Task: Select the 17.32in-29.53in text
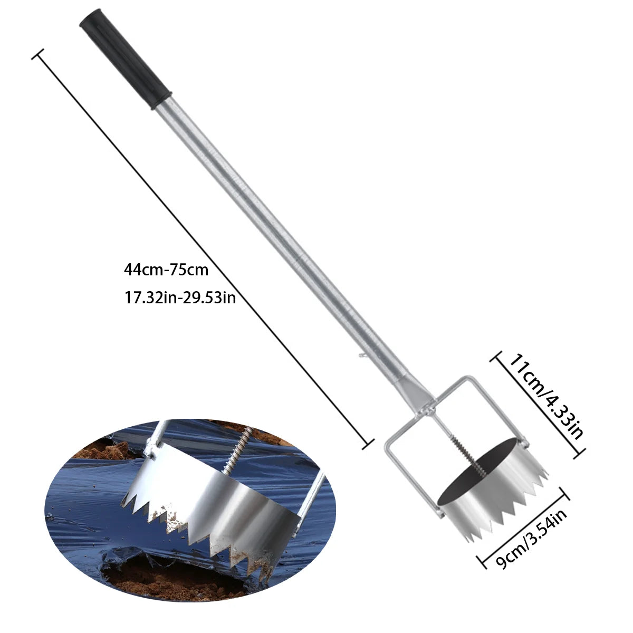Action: (180, 298)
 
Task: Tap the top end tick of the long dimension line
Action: (37, 54)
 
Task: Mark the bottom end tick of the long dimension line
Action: (368, 444)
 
